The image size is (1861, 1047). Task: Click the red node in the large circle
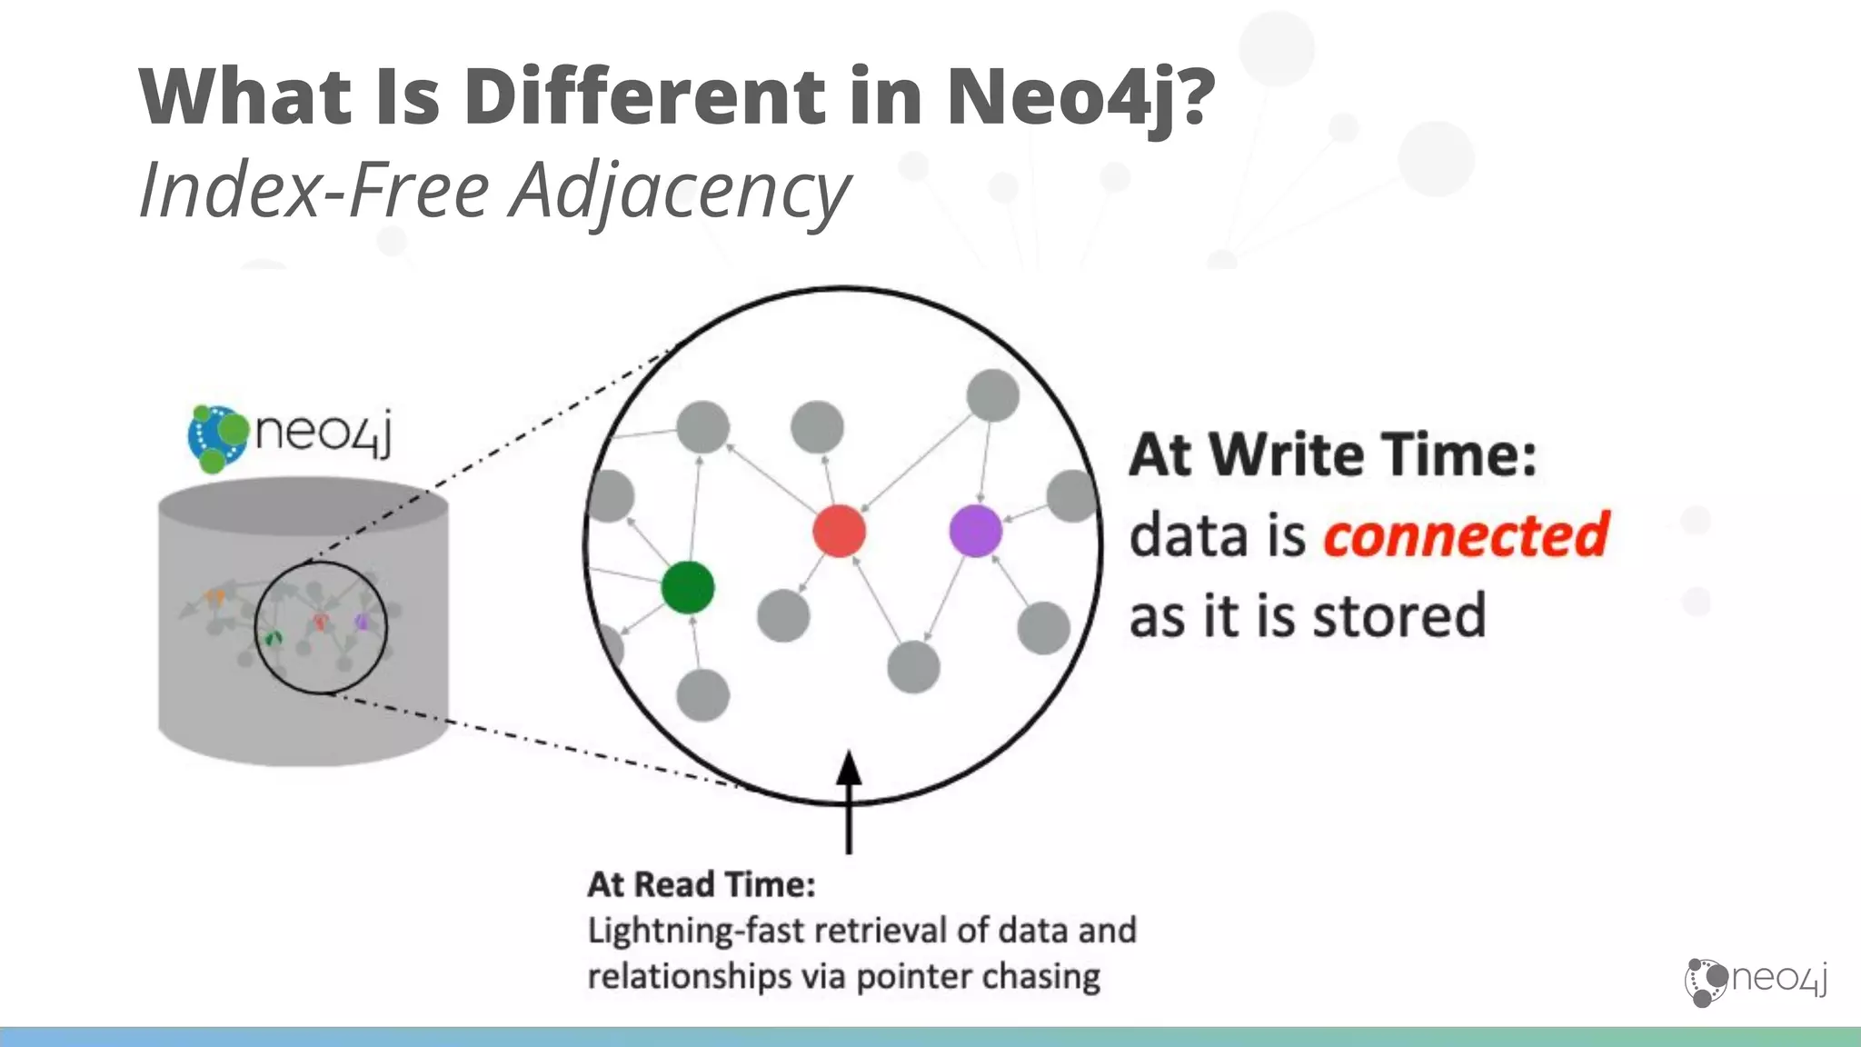coord(839,531)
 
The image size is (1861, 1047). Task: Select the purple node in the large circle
coord(975,531)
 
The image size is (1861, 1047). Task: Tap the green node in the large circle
coord(688,587)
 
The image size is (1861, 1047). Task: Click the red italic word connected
coord(1466,534)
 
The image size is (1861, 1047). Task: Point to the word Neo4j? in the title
coord(1080,96)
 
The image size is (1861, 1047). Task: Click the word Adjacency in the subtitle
coord(682,191)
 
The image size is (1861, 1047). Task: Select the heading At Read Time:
coord(702,883)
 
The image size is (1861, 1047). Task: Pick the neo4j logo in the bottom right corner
coord(1757,981)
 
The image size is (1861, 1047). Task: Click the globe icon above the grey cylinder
coord(217,438)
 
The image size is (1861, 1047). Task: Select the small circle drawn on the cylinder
coord(320,627)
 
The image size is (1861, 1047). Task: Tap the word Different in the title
coord(644,96)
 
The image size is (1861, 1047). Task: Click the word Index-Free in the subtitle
coord(314,191)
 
